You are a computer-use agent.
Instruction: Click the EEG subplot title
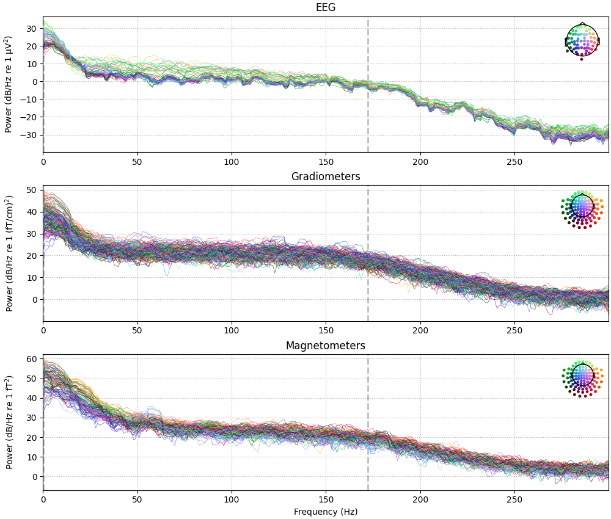coord(325,7)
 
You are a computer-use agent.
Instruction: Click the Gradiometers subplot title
coord(325,176)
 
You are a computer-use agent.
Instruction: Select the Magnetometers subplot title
coord(325,346)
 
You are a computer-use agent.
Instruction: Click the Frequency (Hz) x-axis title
coord(325,512)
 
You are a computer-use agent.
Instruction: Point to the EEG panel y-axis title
coord(9,84)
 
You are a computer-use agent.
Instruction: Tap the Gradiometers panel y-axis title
coord(10,253)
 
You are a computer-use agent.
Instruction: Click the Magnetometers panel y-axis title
coord(10,423)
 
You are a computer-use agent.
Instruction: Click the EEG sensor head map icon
coord(582,41)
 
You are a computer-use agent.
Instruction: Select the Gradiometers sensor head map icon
coord(582,209)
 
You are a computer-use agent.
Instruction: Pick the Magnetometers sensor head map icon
coord(582,379)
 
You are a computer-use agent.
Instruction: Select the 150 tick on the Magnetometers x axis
coord(326,499)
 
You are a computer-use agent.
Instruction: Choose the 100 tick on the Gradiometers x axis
coord(232,330)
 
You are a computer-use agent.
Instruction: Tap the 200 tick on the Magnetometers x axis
coord(420,499)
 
